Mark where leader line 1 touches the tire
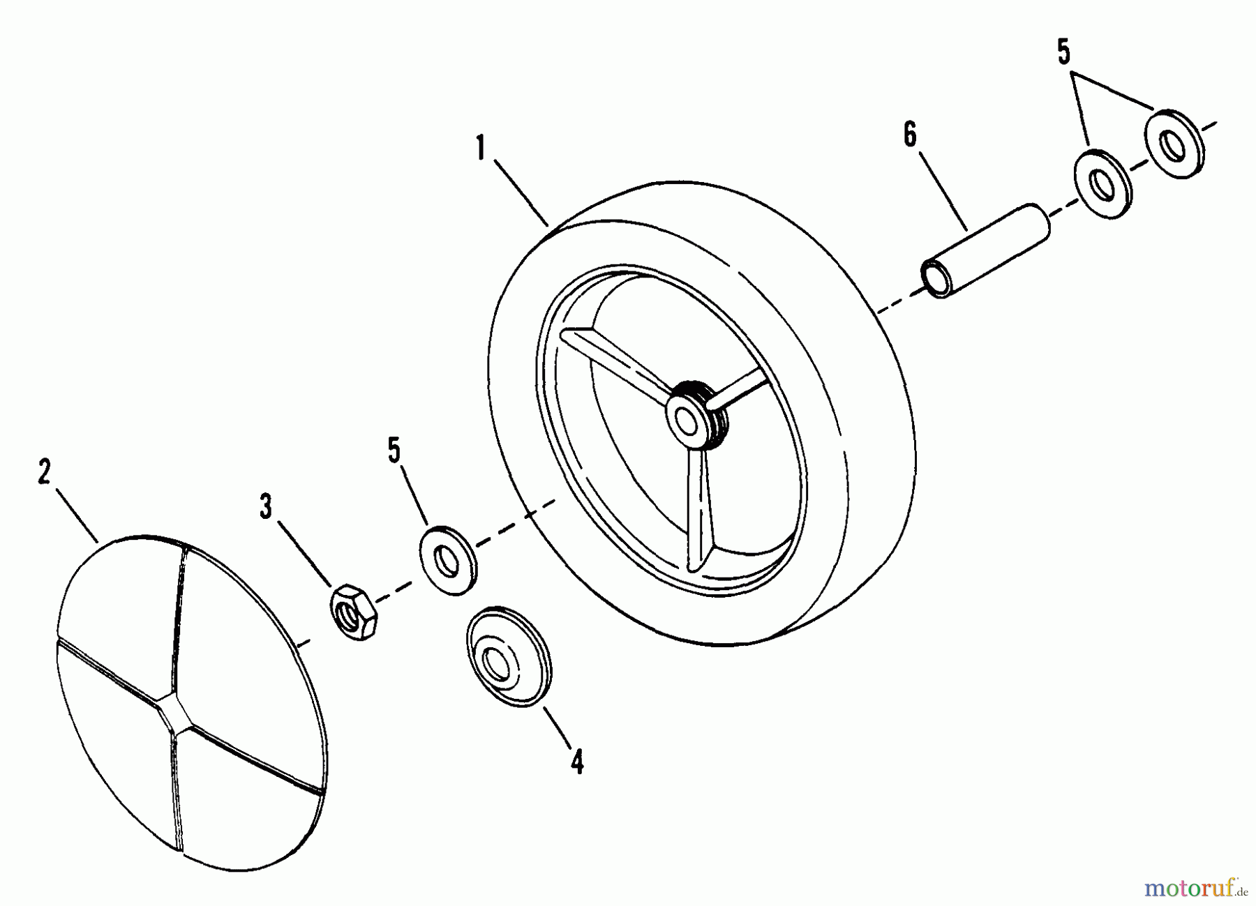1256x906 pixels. click(x=548, y=225)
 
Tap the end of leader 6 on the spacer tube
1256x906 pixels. click(x=967, y=229)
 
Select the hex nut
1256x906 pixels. click(x=354, y=613)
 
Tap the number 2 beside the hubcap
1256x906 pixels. click(x=44, y=472)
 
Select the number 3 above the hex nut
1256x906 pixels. click(x=266, y=506)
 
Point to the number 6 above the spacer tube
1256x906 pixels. click(x=910, y=134)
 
